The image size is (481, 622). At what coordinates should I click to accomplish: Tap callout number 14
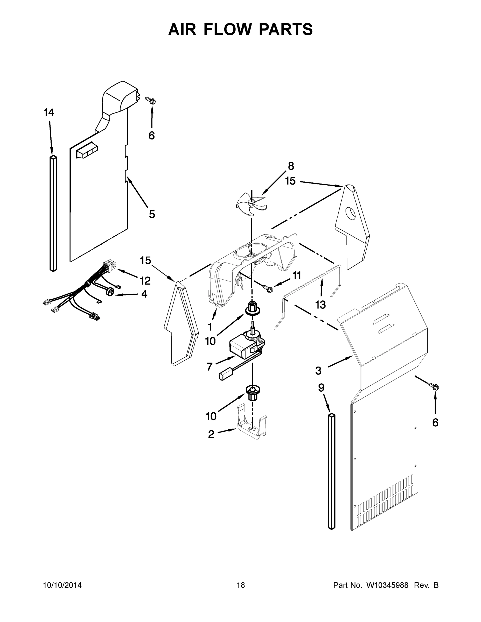[49, 113]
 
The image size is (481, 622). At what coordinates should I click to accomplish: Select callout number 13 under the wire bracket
[320, 305]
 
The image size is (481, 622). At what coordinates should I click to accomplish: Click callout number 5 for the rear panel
[152, 214]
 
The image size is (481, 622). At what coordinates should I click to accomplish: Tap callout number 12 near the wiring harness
[145, 281]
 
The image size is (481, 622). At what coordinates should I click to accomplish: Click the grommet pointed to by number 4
[110, 291]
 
